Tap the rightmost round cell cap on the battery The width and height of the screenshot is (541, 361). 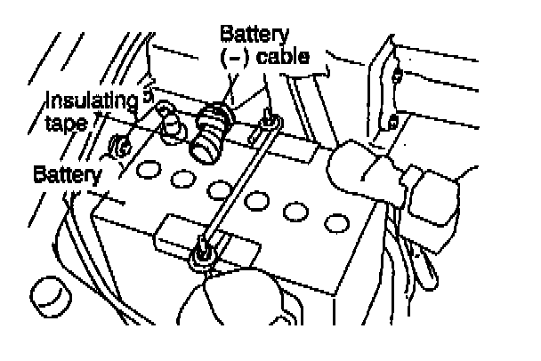pos(334,221)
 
